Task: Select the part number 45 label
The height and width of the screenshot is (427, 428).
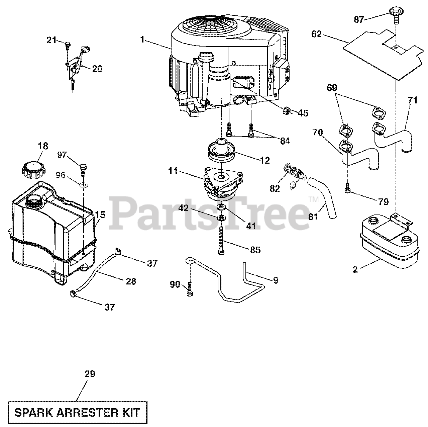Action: [x=303, y=113]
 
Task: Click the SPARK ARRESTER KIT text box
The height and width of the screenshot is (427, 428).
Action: [x=77, y=412]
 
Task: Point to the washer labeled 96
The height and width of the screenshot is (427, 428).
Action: [x=83, y=184]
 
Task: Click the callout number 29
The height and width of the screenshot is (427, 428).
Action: [x=90, y=374]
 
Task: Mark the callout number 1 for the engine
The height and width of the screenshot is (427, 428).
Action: [x=142, y=40]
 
